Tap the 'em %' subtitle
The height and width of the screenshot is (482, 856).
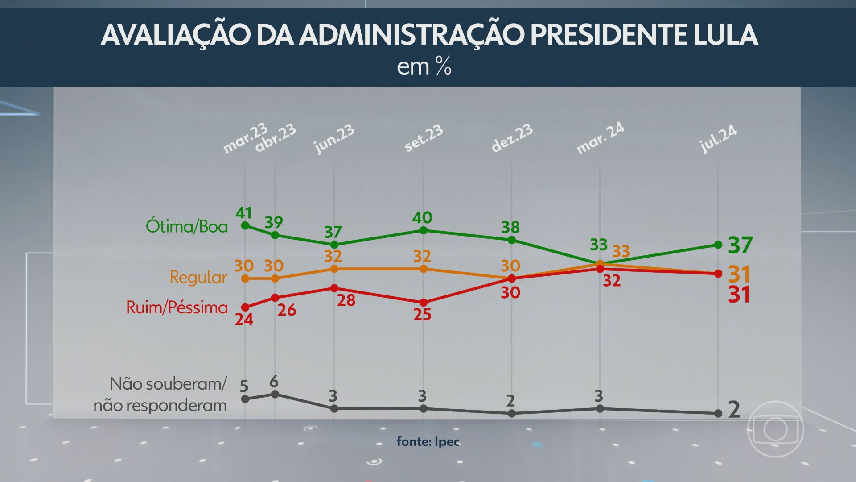tap(424, 67)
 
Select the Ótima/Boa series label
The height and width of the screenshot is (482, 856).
tap(187, 227)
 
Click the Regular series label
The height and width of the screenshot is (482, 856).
tap(198, 277)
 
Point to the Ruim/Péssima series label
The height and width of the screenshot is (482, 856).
tap(177, 307)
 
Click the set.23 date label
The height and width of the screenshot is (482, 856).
tap(424, 138)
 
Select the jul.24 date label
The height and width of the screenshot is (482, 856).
tap(718, 139)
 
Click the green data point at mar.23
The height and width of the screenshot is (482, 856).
tap(245, 225)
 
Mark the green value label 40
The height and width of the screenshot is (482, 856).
tap(422, 217)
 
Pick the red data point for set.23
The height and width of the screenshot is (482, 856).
tap(424, 303)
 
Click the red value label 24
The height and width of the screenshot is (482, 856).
tap(244, 319)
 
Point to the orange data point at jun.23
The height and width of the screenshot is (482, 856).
tap(334, 269)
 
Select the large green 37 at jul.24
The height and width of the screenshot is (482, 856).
tap(740, 245)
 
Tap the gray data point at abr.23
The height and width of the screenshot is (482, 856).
tap(275, 394)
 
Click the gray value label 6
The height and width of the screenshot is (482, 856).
tap(274, 382)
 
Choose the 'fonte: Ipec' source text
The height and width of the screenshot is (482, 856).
tap(428, 441)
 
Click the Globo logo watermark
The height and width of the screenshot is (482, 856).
tap(775, 429)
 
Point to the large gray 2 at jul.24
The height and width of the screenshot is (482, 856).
tap(734, 409)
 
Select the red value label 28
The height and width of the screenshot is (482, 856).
tap(346, 300)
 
